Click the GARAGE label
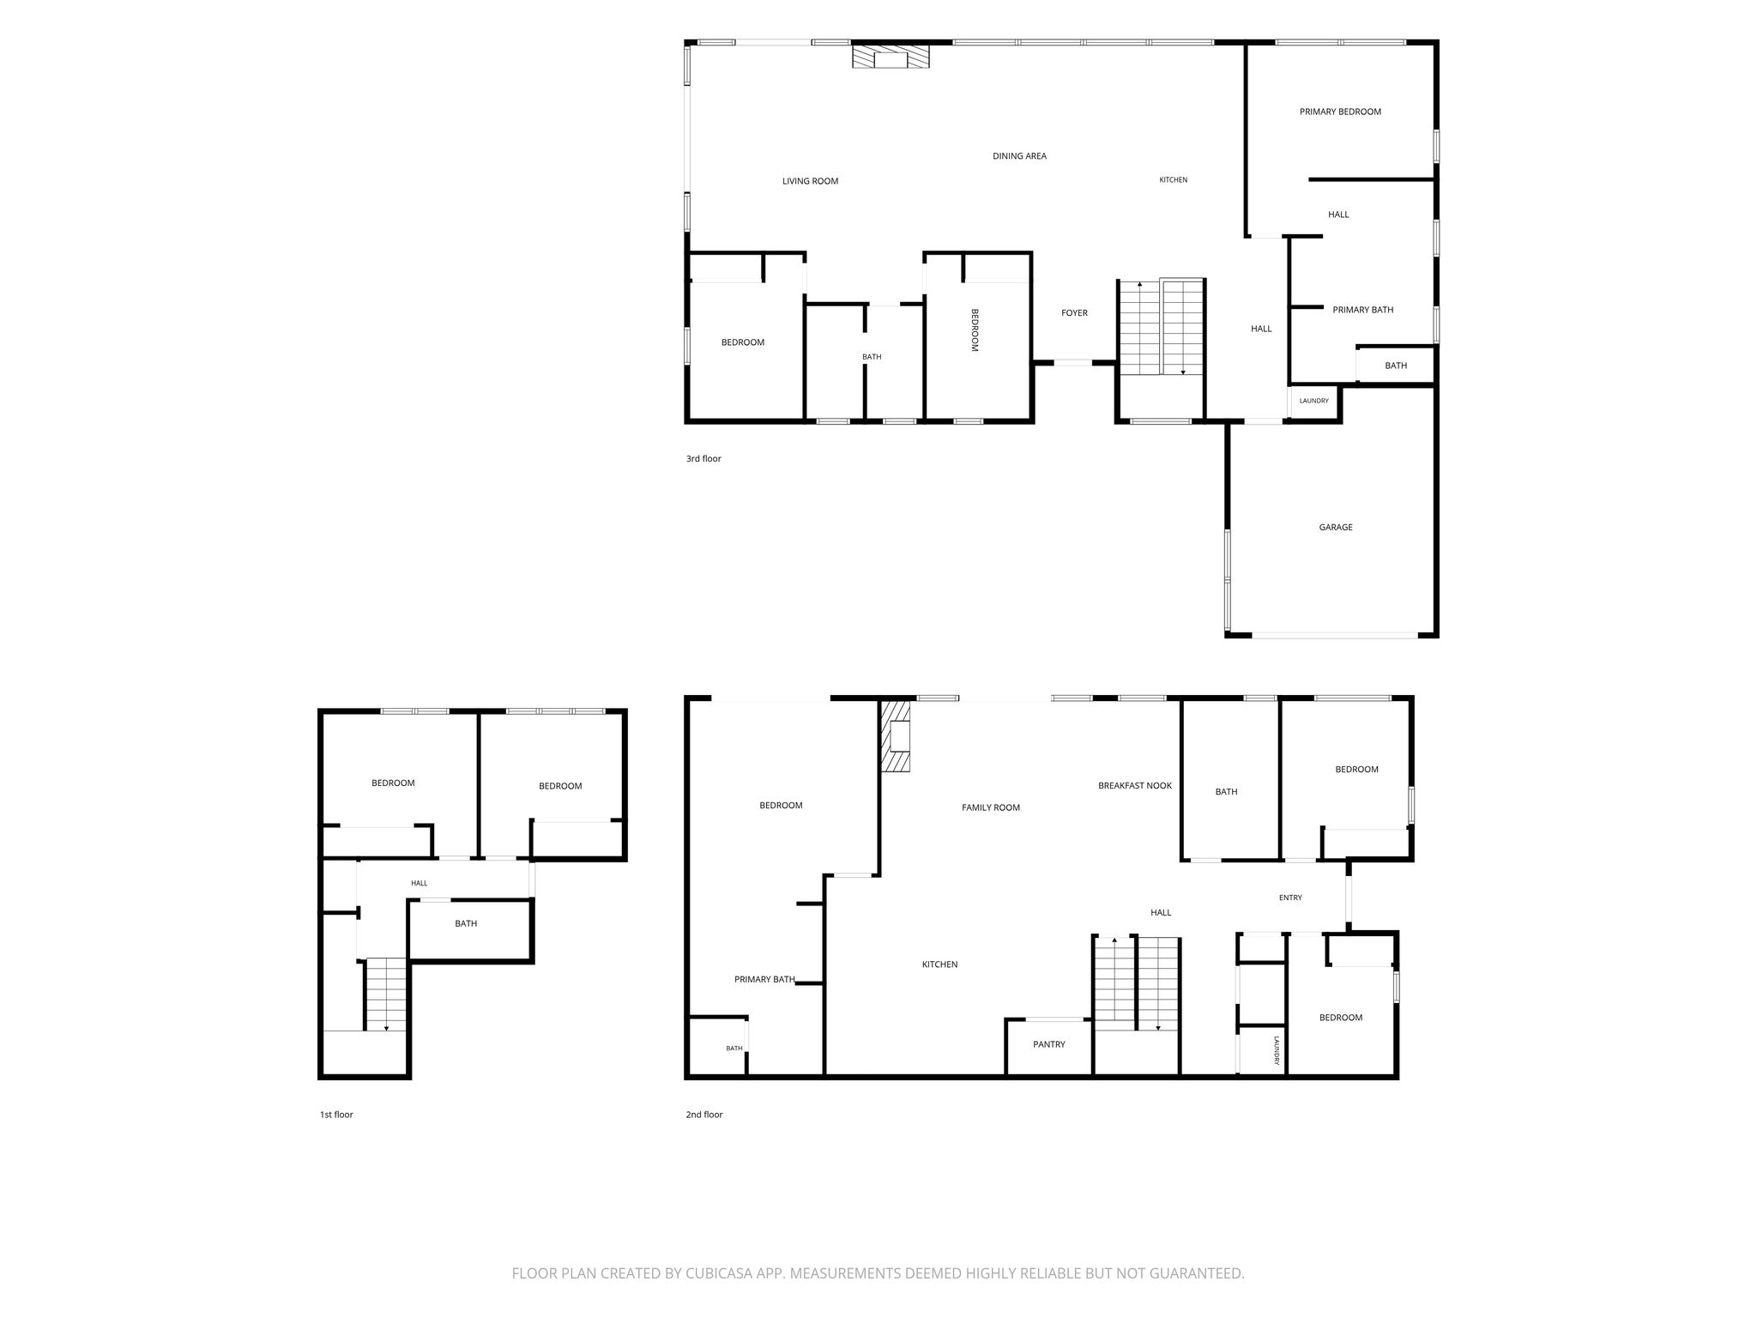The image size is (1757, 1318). tap(1335, 528)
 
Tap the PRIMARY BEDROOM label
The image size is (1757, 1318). tap(1340, 112)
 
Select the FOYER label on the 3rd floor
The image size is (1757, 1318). tap(1074, 313)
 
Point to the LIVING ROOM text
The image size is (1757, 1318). tap(810, 181)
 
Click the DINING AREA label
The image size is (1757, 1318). tap(1019, 156)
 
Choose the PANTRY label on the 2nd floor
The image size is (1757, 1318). tap(1049, 1044)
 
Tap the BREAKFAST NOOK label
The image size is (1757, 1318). tap(1135, 785)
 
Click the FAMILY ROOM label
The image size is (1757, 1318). tap(991, 807)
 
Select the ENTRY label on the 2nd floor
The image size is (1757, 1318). tap(1290, 898)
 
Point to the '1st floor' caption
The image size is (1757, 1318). tap(336, 1115)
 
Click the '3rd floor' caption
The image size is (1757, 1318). tap(703, 459)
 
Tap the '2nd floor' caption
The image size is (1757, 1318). tap(704, 1115)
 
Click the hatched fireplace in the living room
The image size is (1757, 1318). tap(891, 57)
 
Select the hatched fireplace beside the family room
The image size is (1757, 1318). tap(897, 736)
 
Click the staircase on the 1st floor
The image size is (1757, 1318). tap(386, 995)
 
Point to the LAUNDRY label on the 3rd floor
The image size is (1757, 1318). tap(1313, 401)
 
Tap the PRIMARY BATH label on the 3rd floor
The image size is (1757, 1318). tap(1362, 310)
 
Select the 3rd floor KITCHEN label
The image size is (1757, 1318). tap(1174, 180)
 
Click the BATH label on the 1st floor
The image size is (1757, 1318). tap(466, 924)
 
